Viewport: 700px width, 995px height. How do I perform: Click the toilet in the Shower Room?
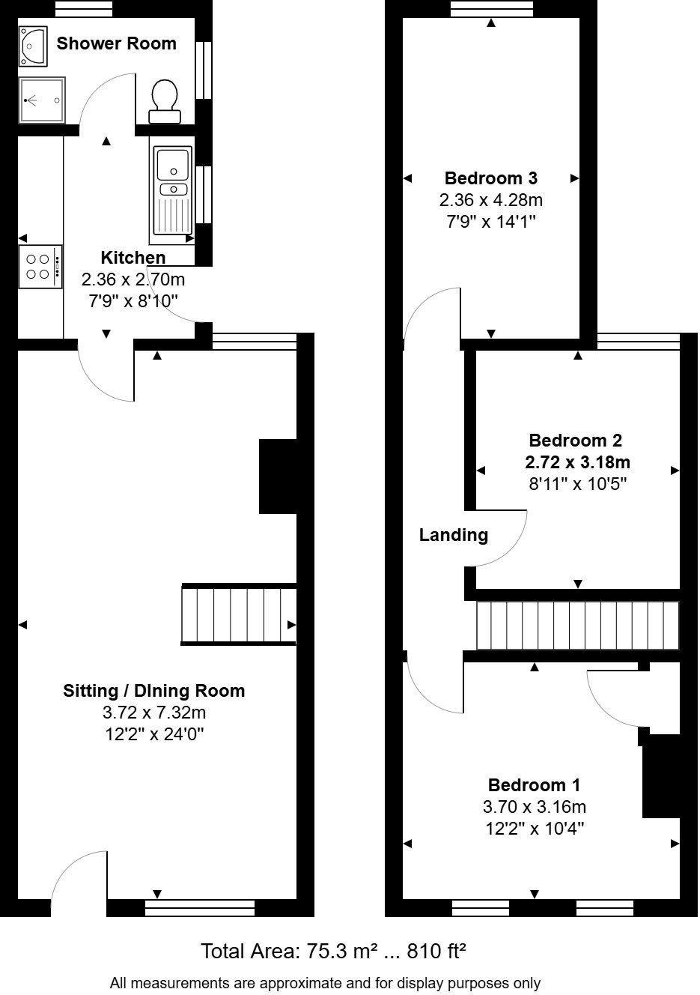(165, 100)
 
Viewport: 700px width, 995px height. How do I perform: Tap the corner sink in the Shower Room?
(33, 43)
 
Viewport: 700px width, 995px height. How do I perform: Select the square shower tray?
(42, 100)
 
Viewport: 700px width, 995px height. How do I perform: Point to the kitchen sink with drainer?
(172, 190)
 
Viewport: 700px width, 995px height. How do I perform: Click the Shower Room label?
(117, 43)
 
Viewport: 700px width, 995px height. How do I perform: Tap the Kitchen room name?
(133, 258)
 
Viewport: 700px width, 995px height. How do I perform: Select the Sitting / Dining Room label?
(153, 691)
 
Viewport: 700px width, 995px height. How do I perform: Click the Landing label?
(453, 535)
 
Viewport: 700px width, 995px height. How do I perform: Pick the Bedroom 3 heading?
(490, 178)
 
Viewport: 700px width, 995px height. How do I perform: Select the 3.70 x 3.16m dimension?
(534, 807)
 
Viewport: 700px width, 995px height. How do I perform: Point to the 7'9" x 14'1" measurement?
(490, 222)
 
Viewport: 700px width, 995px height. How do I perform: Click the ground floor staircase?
(239, 614)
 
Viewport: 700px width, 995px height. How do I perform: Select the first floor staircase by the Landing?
(577, 626)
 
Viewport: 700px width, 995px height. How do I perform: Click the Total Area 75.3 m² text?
(333, 952)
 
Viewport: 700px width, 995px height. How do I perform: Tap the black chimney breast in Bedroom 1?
(660, 775)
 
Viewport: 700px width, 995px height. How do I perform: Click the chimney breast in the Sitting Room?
(278, 477)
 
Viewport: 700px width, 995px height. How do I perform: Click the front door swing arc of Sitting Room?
(75, 877)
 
